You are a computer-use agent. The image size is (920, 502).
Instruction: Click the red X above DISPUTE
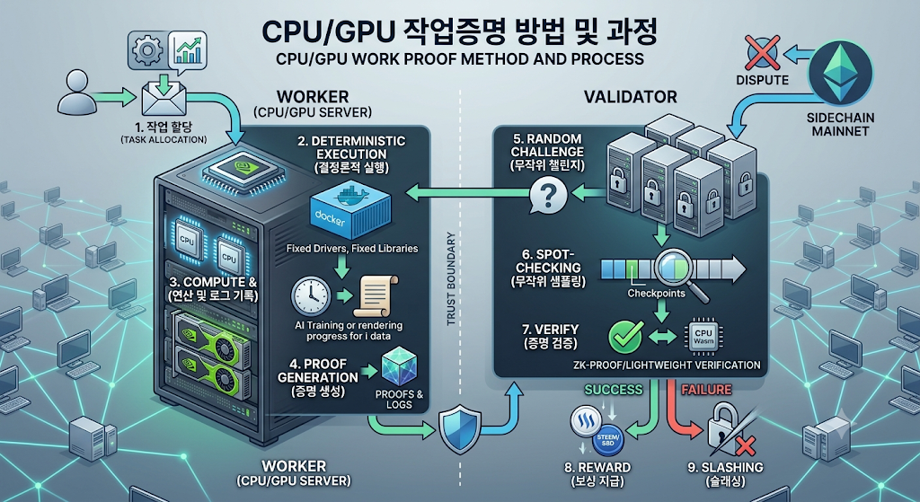click(762, 53)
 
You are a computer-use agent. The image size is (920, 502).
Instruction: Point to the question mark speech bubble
click(548, 196)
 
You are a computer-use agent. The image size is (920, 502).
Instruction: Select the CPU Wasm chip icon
click(703, 337)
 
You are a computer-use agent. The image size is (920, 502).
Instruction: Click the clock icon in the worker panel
click(311, 296)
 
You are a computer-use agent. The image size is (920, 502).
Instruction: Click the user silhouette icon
click(77, 92)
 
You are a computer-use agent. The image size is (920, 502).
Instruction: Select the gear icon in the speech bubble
click(146, 51)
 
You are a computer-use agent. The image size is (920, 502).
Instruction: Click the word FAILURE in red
click(706, 390)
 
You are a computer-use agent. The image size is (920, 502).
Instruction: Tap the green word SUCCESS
click(613, 390)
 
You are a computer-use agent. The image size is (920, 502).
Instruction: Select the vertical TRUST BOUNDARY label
click(451, 278)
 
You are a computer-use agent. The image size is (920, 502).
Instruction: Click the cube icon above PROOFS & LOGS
click(399, 367)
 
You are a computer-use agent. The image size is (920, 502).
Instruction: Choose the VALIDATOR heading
click(630, 97)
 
